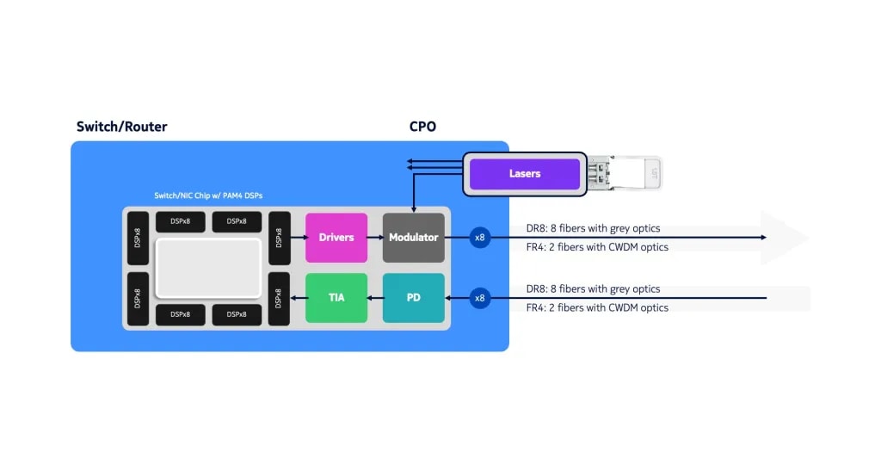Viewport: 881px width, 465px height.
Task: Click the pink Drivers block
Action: click(x=336, y=238)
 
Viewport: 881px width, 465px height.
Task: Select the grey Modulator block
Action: click(x=413, y=238)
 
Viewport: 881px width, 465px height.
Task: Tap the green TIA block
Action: click(x=336, y=298)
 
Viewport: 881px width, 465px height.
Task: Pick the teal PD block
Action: click(x=413, y=298)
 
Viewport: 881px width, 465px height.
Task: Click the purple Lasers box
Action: click(x=524, y=174)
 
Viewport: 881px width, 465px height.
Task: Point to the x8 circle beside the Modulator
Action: click(x=480, y=238)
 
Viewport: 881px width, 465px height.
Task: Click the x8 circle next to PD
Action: click(x=480, y=298)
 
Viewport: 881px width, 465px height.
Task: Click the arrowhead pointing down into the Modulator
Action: click(x=414, y=208)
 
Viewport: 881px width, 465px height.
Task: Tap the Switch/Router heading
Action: click(x=121, y=127)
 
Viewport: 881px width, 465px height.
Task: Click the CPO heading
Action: click(x=422, y=127)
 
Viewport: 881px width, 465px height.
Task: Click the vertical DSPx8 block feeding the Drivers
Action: click(x=279, y=238)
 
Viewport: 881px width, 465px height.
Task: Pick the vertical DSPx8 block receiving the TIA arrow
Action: click(x=279, y=298)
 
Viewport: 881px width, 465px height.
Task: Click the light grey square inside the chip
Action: click(x=207, y=268)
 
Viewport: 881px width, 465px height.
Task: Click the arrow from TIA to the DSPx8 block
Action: click(x=298, y=298)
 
